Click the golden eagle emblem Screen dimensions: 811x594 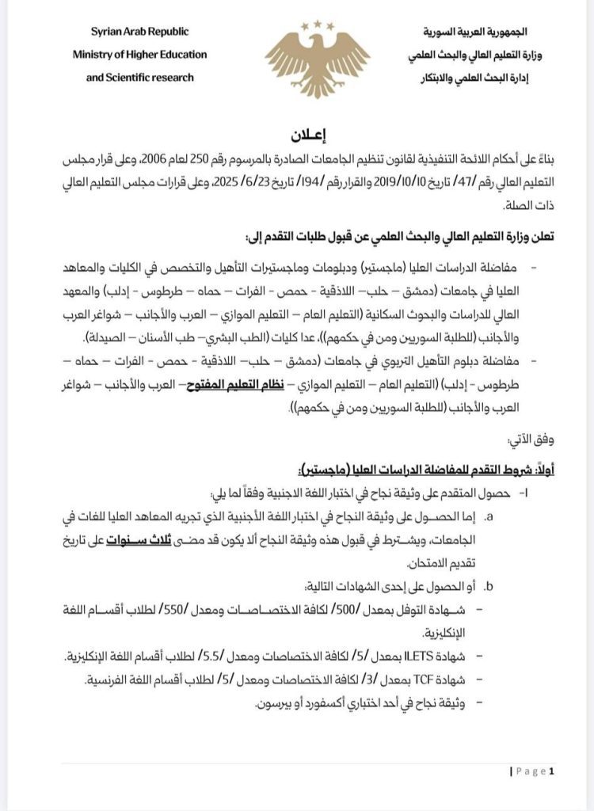[317, 60]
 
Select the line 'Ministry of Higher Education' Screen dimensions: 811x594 [139, 55]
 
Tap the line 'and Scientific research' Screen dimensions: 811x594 [139, 78]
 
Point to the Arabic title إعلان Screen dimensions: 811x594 [297, 134]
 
